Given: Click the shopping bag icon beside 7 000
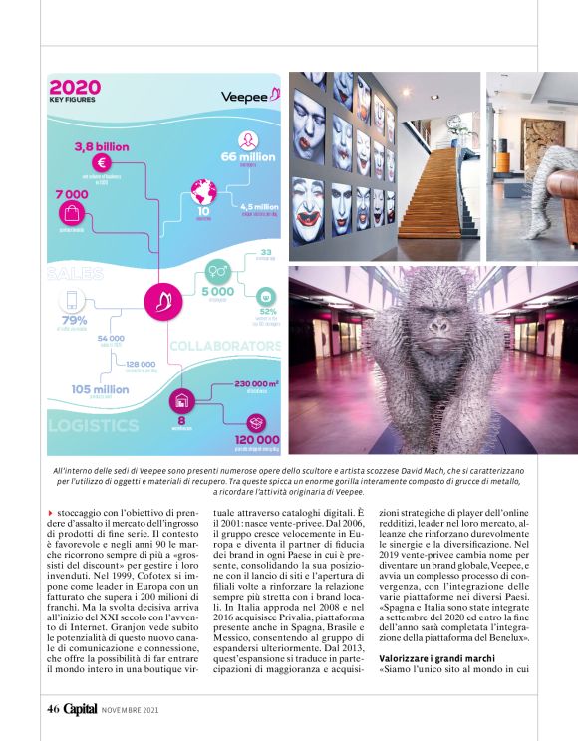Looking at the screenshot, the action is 72,211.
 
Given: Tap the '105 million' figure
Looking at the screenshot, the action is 100,389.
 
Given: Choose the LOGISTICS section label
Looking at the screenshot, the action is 94,425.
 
